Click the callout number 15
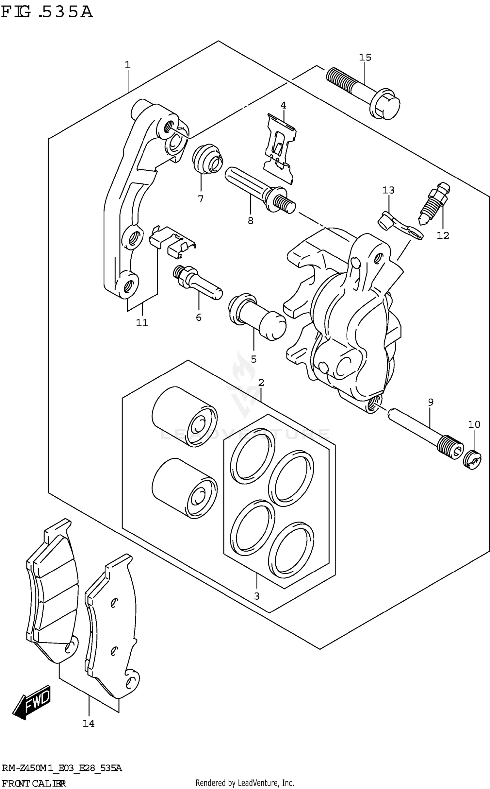point(365,58)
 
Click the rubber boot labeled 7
point(207,160)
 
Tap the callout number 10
point(474,424)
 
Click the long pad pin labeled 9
point(425,432)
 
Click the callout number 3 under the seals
point(256,596)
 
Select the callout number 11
point(142,323)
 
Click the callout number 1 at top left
point(127,65)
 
